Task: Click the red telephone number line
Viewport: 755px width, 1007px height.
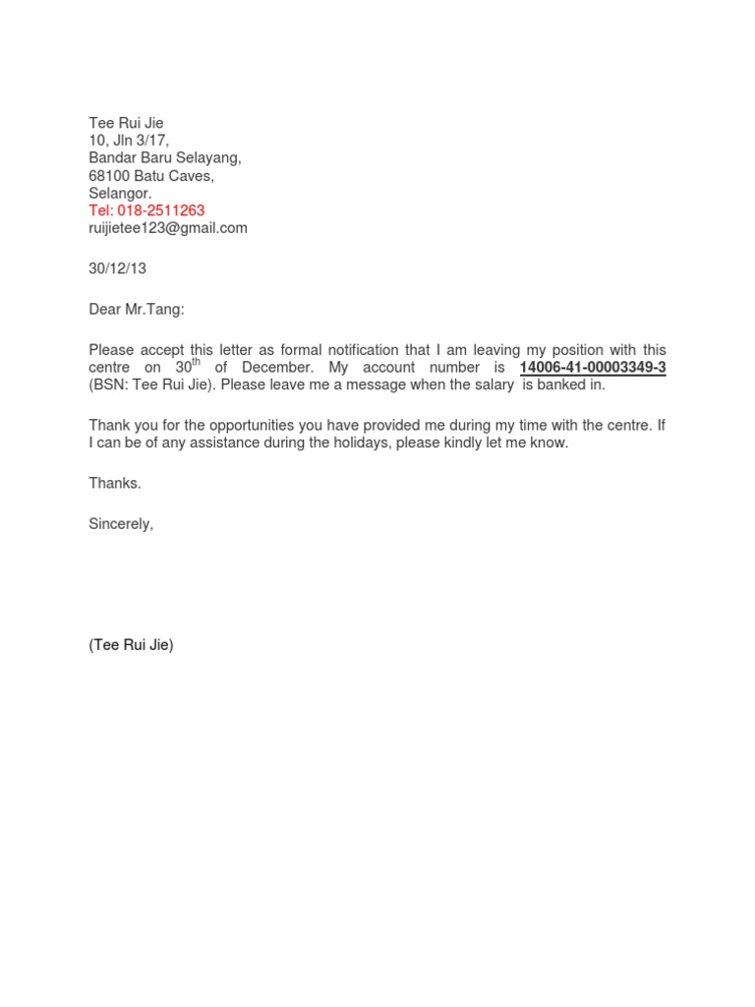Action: (146, 210)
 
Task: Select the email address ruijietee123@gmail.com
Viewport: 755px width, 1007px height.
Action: (168, 228)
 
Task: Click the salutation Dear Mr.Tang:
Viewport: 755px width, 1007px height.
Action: (136, 310)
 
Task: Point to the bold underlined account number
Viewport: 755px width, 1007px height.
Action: (593, 368)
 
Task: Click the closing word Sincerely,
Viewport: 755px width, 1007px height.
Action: (121, 524)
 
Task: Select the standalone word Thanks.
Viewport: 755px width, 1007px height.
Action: (115, 483)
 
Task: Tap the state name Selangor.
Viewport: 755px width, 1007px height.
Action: (120, 194)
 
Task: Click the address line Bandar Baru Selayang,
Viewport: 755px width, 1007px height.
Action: (164, 158)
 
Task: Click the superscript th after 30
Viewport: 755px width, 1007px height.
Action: (195, 362)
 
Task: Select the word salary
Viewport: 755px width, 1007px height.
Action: (491, 385)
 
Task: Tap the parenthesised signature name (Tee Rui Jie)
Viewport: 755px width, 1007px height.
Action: (131, 645)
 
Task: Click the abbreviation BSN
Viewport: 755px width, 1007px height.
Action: (110, 385)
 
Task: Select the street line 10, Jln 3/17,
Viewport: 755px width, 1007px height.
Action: (129, 141)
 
